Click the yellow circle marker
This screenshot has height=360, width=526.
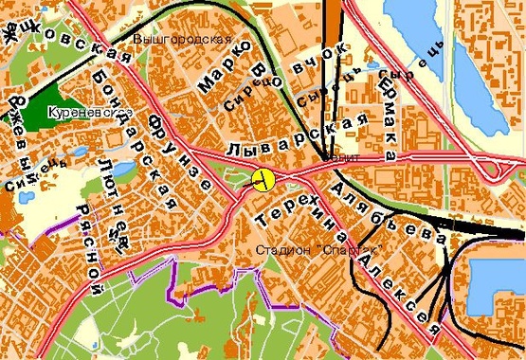tap(263, 178)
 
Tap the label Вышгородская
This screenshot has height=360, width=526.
tap(183, 39)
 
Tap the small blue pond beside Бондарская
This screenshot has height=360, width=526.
tap(78, 150)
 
